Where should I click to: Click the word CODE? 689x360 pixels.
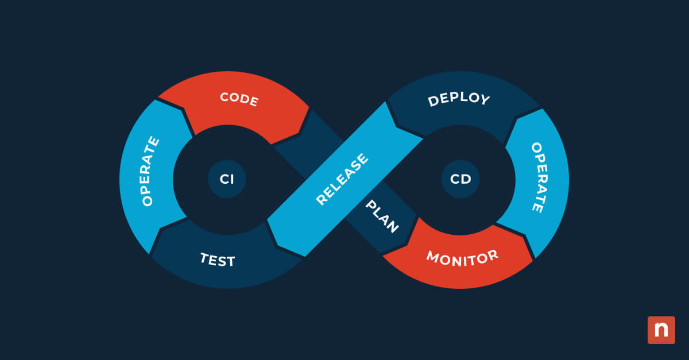(x=239, y=99)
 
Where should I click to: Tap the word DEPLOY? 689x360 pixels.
(x=459, y=99)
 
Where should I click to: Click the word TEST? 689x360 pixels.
(x=217, y=260)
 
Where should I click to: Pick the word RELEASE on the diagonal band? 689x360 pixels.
(x=342, y=179)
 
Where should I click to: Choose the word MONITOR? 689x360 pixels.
(x=462, y=257)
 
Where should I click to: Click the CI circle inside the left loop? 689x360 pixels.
(x=227, y=179)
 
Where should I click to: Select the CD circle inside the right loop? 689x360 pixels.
(x=460, y=179)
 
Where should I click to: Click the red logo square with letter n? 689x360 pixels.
(x=661, y=330)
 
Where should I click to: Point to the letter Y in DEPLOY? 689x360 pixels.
(x=485, y=100)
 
